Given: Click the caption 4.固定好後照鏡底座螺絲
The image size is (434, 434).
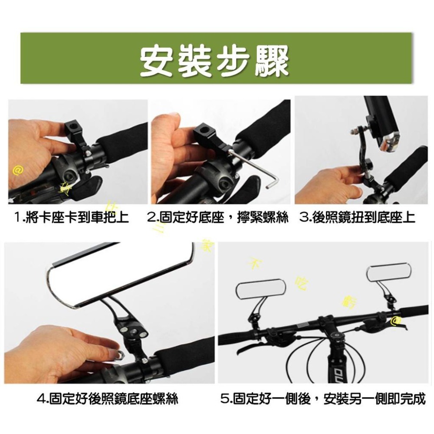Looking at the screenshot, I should tap(108, 398).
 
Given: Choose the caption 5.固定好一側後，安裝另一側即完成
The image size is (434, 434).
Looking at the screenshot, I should tap(323, 398).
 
